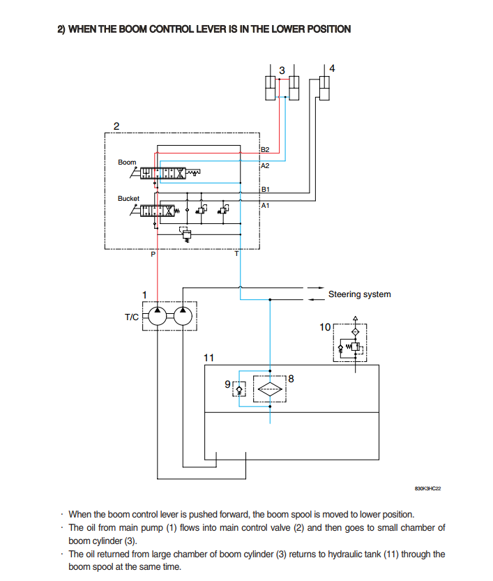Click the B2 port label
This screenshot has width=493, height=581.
[x=265, y=150]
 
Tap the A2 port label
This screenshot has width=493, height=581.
[x=265, y=165]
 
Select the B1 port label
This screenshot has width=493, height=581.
[x=265, y=189]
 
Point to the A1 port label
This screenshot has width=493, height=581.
[x=265, y=205]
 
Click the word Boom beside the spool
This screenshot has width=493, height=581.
[x=127, y=163]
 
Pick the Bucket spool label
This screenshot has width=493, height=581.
[x=128, y=199]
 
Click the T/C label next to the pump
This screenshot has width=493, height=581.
[x=132, y=317]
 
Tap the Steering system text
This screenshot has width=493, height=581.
[x=359, y=294]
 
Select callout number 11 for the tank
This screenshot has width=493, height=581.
[x=208, y=358]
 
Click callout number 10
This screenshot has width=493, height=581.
[x=325, y=327]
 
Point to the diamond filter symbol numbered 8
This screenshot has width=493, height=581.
[x=270, y=389]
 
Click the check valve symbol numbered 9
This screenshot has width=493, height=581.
[x=239, y=389]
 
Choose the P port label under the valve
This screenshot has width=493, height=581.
[x=153, y=254]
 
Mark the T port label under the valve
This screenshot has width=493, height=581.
[x=236, y=254]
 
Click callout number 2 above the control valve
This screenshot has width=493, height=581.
[x=116, y=126]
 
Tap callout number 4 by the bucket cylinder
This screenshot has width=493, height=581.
[x=332, y=68]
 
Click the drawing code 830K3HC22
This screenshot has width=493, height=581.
[x=428, y=488]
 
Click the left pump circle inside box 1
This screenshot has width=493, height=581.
[x=158, y=317]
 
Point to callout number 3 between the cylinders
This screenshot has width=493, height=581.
[x=282, y=70]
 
